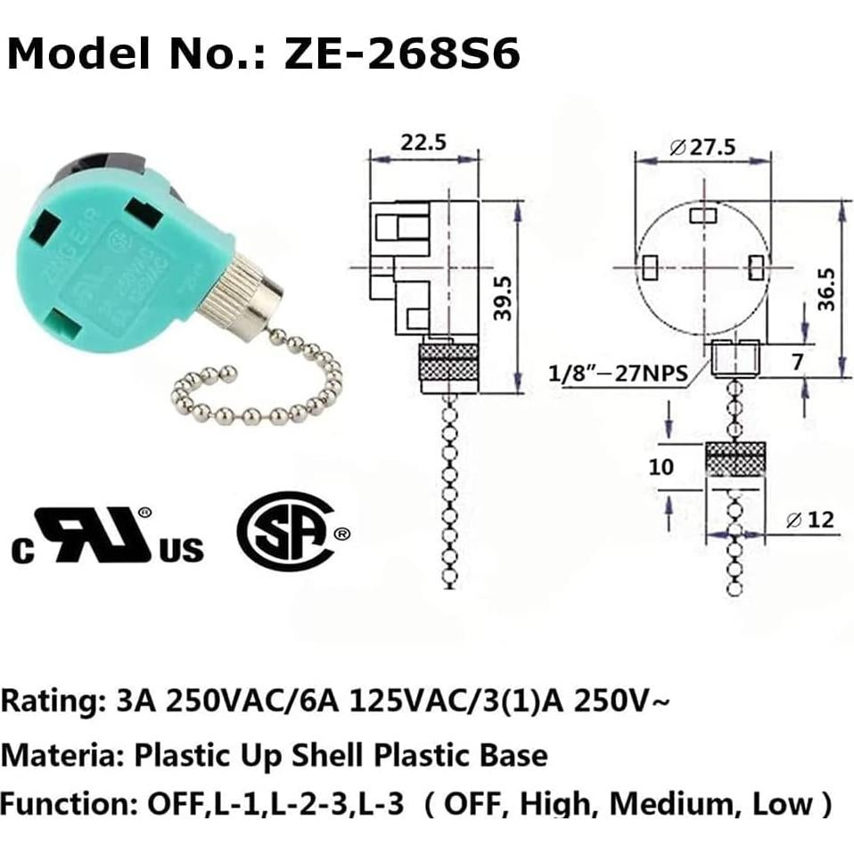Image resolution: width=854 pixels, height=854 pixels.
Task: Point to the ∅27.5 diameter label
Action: [x=702, y=147]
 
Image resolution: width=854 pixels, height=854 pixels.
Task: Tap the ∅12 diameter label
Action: [x=813, y=519]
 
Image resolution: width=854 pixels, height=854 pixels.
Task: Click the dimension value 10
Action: [x=661, y=467]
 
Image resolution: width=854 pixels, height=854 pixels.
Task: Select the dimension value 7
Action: [x=797, y=361]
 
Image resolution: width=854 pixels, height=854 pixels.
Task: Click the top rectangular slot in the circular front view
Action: [x=704, y=216]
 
